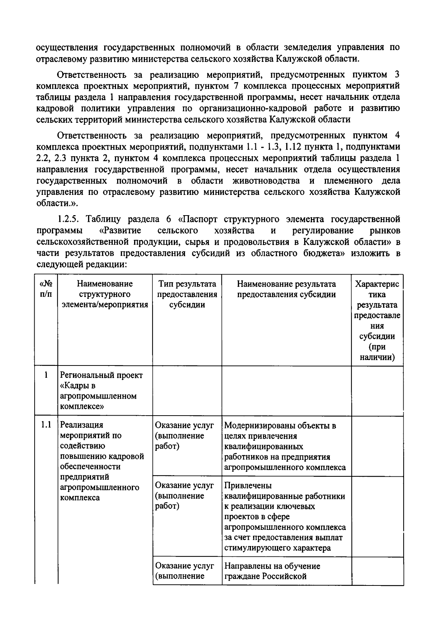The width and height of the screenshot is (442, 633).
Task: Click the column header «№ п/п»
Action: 46,289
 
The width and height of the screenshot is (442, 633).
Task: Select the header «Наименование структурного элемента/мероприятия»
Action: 105,294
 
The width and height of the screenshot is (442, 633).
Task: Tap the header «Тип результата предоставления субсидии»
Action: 187,294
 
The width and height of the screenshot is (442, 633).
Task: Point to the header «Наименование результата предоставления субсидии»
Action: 286,289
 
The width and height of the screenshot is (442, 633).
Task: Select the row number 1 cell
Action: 46,375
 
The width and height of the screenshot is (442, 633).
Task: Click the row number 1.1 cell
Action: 46,424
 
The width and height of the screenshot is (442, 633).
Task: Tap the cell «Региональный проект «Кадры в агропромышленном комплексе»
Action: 102,391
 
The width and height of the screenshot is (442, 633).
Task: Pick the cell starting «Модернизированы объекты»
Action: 285,446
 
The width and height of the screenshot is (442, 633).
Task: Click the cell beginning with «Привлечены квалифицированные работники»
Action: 285,516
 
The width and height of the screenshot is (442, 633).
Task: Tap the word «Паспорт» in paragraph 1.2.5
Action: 201,220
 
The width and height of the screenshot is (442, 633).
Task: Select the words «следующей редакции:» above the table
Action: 82,265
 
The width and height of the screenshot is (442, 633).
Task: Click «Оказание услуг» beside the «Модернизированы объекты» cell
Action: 184,425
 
